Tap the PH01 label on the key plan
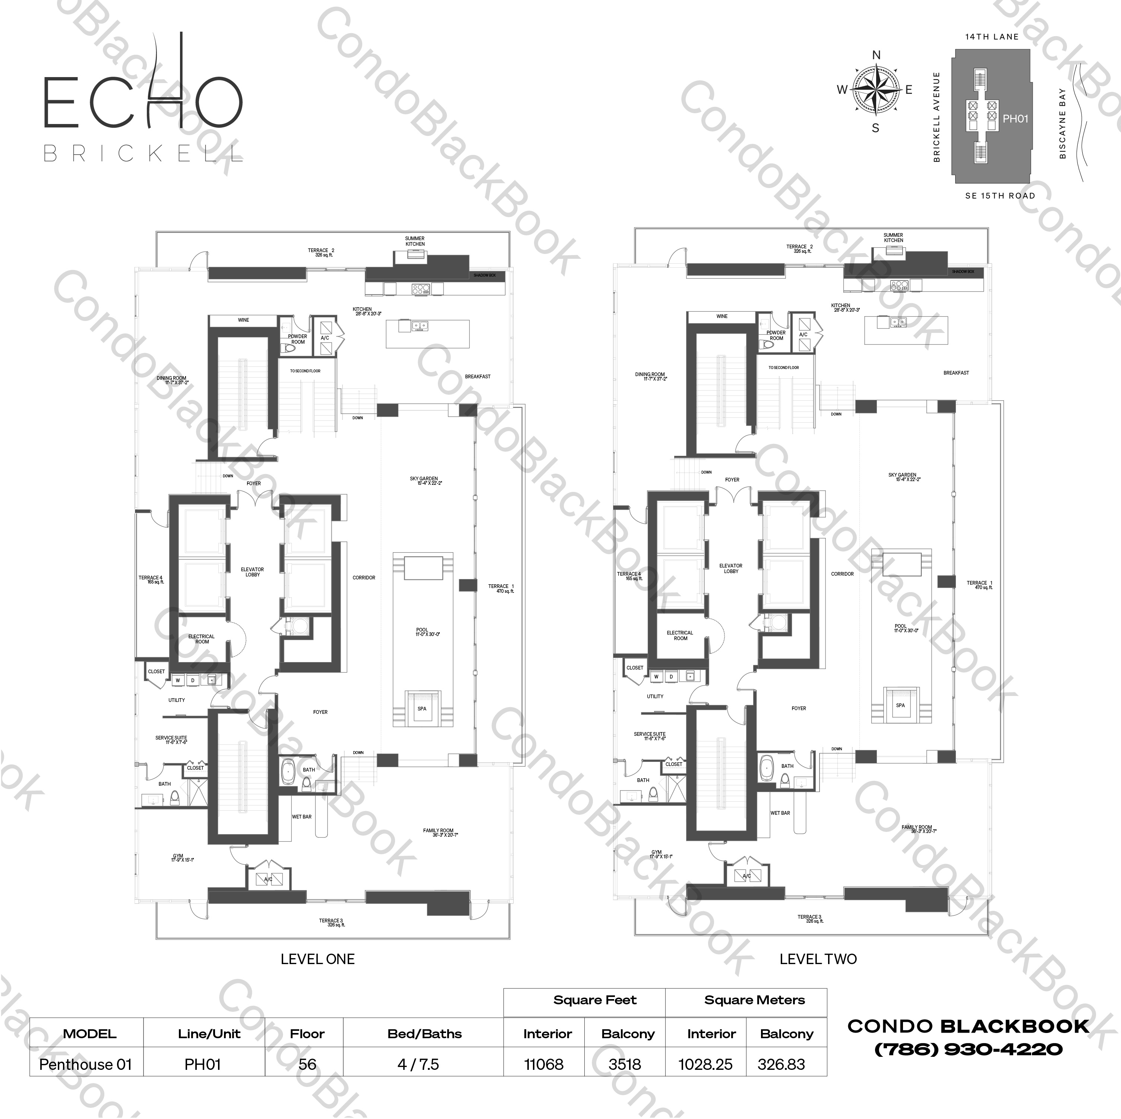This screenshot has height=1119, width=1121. tap(1016, 119)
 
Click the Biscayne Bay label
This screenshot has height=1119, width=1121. tap(1062, 124)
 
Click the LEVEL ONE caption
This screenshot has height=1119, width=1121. tap(318, 959)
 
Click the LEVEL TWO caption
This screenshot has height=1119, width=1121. tap(818, 959)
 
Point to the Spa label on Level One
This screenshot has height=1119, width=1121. tap(422, 709)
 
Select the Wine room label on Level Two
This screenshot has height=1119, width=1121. tap(722, 317)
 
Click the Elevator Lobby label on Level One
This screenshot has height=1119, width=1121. tap(252, 572)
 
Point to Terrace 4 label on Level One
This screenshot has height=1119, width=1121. tap(151, 579)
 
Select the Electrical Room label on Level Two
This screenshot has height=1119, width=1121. tap(680, 635)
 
